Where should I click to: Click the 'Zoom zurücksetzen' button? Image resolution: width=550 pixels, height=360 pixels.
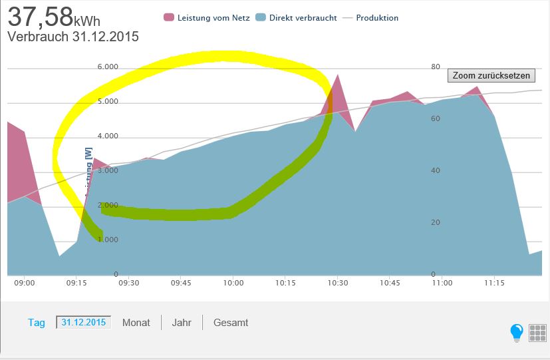pos(491,75)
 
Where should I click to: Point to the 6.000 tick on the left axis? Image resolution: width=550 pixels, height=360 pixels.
pos(108,67)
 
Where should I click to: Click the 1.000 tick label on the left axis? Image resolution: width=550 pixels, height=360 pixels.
pos(108,240)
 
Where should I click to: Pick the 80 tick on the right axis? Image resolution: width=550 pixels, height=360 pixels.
pos(436,67)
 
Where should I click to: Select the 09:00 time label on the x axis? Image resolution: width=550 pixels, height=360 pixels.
pos(24,283)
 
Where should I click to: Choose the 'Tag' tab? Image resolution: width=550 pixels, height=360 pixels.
pos(37,323)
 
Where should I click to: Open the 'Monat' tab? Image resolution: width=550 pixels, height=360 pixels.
pos(136,323)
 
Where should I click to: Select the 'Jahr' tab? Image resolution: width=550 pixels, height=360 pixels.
pos(182,323)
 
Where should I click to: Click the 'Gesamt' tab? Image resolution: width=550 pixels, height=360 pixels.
pos(231,323)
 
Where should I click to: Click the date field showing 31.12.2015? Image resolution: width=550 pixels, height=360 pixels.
pos(84,323)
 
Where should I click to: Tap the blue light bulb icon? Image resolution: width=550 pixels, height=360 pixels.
pos(517,332)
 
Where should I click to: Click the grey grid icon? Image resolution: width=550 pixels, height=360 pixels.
pos(537,333)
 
